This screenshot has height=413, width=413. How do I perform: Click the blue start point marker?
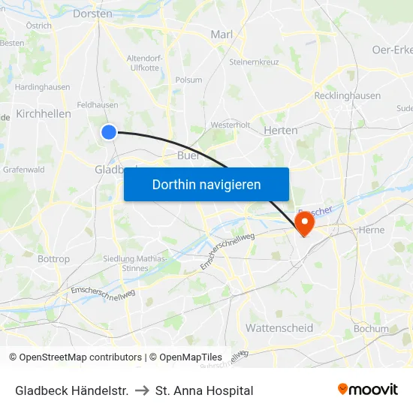109,132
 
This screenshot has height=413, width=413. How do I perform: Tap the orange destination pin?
305,223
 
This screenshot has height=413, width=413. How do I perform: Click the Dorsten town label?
93,14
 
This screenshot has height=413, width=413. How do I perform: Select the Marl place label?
222,34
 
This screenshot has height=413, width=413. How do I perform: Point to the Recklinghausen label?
347,96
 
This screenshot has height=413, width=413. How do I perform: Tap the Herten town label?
281,130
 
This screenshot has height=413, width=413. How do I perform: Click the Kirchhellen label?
44,114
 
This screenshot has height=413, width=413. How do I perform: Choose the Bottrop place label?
53,259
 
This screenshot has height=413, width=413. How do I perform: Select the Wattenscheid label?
279,328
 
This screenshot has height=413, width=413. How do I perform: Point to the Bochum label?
371,329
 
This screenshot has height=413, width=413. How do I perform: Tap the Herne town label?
372,230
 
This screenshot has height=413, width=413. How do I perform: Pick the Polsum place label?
188,80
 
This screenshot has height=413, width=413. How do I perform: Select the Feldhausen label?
97,105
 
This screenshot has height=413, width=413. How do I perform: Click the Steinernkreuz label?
255,62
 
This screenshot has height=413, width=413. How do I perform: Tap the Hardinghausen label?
42,87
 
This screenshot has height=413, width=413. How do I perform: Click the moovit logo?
368,389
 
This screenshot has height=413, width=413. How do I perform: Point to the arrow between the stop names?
142,390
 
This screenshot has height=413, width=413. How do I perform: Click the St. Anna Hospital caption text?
204,390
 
